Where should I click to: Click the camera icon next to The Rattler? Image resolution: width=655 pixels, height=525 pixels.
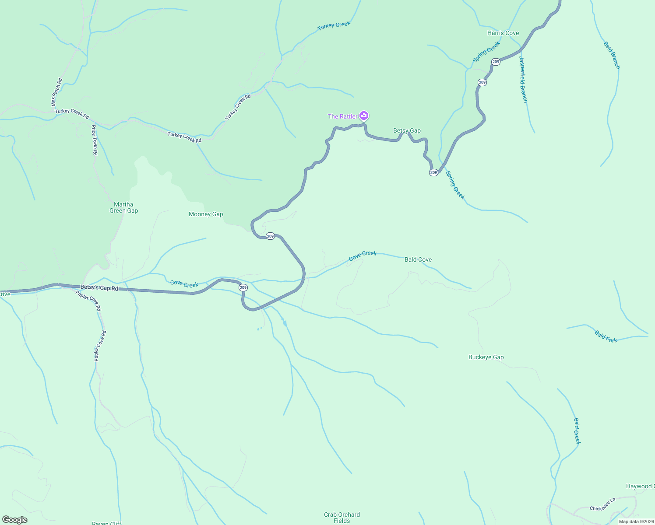coord(363,115)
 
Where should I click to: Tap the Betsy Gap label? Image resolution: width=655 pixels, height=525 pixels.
coord(407,130)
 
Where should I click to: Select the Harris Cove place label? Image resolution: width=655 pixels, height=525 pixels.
coord(503,33)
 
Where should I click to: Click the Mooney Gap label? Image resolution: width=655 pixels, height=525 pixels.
coord(206,214)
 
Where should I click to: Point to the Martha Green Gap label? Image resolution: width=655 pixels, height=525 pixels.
coord(123,207)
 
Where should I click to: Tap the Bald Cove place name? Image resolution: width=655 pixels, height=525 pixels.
coord(418,259)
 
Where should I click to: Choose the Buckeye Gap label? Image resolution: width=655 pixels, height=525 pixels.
coord(486,357)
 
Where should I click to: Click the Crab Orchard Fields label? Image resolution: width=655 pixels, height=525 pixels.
coord(342,518)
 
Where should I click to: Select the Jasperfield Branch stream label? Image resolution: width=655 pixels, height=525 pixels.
coord(523,79)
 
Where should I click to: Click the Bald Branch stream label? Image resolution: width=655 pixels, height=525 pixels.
coord(612,55)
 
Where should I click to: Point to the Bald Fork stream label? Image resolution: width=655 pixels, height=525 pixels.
coord(606,336)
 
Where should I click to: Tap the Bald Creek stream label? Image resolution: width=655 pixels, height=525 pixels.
coord(577,431)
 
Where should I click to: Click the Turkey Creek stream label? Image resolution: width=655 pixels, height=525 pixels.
coord(334,25)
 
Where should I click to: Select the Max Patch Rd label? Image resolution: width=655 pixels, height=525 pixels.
coord(56,92)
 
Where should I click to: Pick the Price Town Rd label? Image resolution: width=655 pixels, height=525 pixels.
coord(94,140)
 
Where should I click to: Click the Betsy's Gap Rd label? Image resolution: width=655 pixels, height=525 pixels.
coord(99,288)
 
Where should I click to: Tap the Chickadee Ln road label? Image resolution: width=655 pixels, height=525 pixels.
coord(602,504)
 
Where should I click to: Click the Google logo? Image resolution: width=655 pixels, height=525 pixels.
coord(15,520)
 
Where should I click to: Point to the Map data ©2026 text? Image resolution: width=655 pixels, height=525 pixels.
coord(636,521)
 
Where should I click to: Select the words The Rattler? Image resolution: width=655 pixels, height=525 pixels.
coord(342,116)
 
